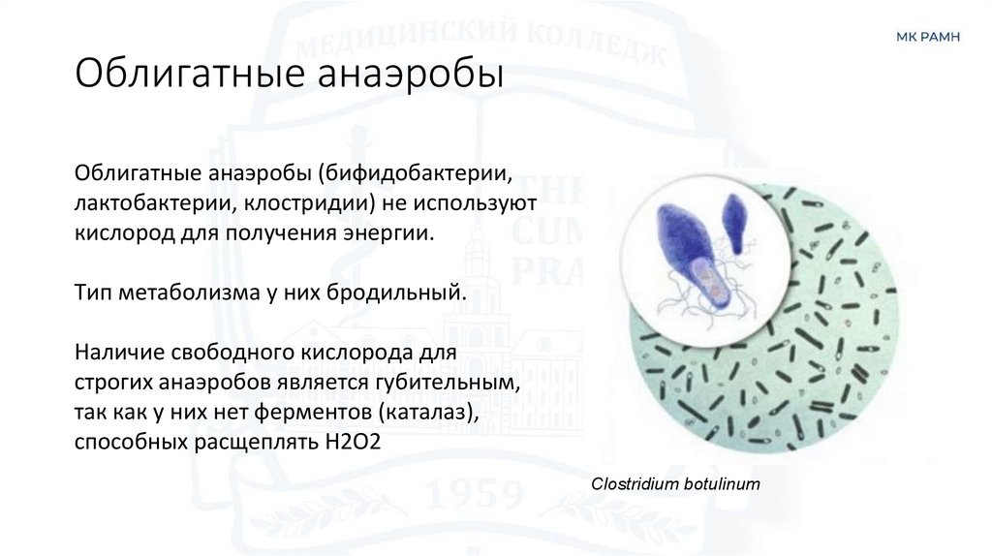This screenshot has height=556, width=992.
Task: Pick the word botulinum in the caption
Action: tap(720, 481)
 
